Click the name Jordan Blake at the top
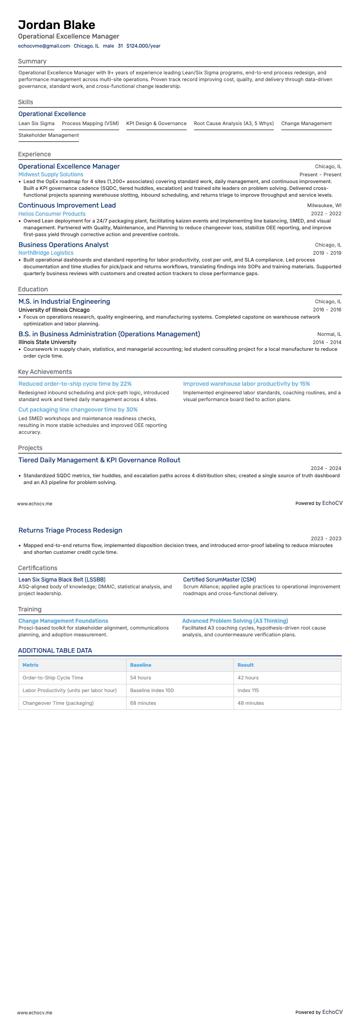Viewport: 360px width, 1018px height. (x=57, y=25)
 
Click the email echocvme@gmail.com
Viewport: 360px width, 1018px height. (x=44, y=46)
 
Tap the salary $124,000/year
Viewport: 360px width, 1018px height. (x=143, y=46)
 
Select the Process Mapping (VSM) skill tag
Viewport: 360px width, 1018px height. (x=90, y=123)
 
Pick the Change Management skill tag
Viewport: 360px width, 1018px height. (x=306, y=123)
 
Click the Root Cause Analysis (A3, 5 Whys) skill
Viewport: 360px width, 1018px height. (x=234, y=123)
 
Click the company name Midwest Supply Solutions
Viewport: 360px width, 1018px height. (x=51, y=175)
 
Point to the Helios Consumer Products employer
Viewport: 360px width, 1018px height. (x=52, y=214)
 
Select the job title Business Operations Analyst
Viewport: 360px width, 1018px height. (x=63, y=245)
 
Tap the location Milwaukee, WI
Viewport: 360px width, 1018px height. (x=324, y=205)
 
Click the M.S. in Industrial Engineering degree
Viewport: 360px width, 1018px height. (x=64, y=301)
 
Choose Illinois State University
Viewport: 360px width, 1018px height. (x=47, y=342)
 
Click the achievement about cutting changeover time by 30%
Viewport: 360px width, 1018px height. (x=78, y=410)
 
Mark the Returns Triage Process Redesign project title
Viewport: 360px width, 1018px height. (x=70, y=530)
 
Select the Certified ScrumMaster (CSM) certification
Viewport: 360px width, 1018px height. (x=219, y=580)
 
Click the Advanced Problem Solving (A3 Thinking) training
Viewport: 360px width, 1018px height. (x=235, y=621)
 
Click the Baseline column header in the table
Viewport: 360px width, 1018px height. (x=141, y=665)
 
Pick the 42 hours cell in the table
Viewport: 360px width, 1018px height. (x=248, y=678)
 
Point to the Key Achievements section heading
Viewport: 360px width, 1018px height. (x=45, y=372)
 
